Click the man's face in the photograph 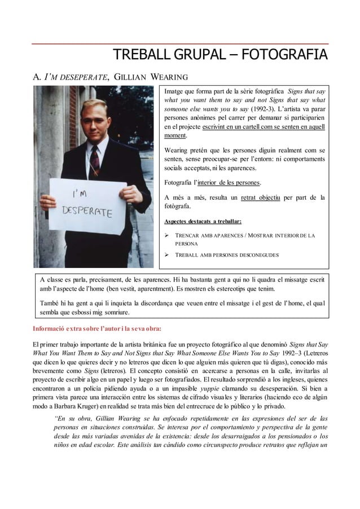pos(90,116)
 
